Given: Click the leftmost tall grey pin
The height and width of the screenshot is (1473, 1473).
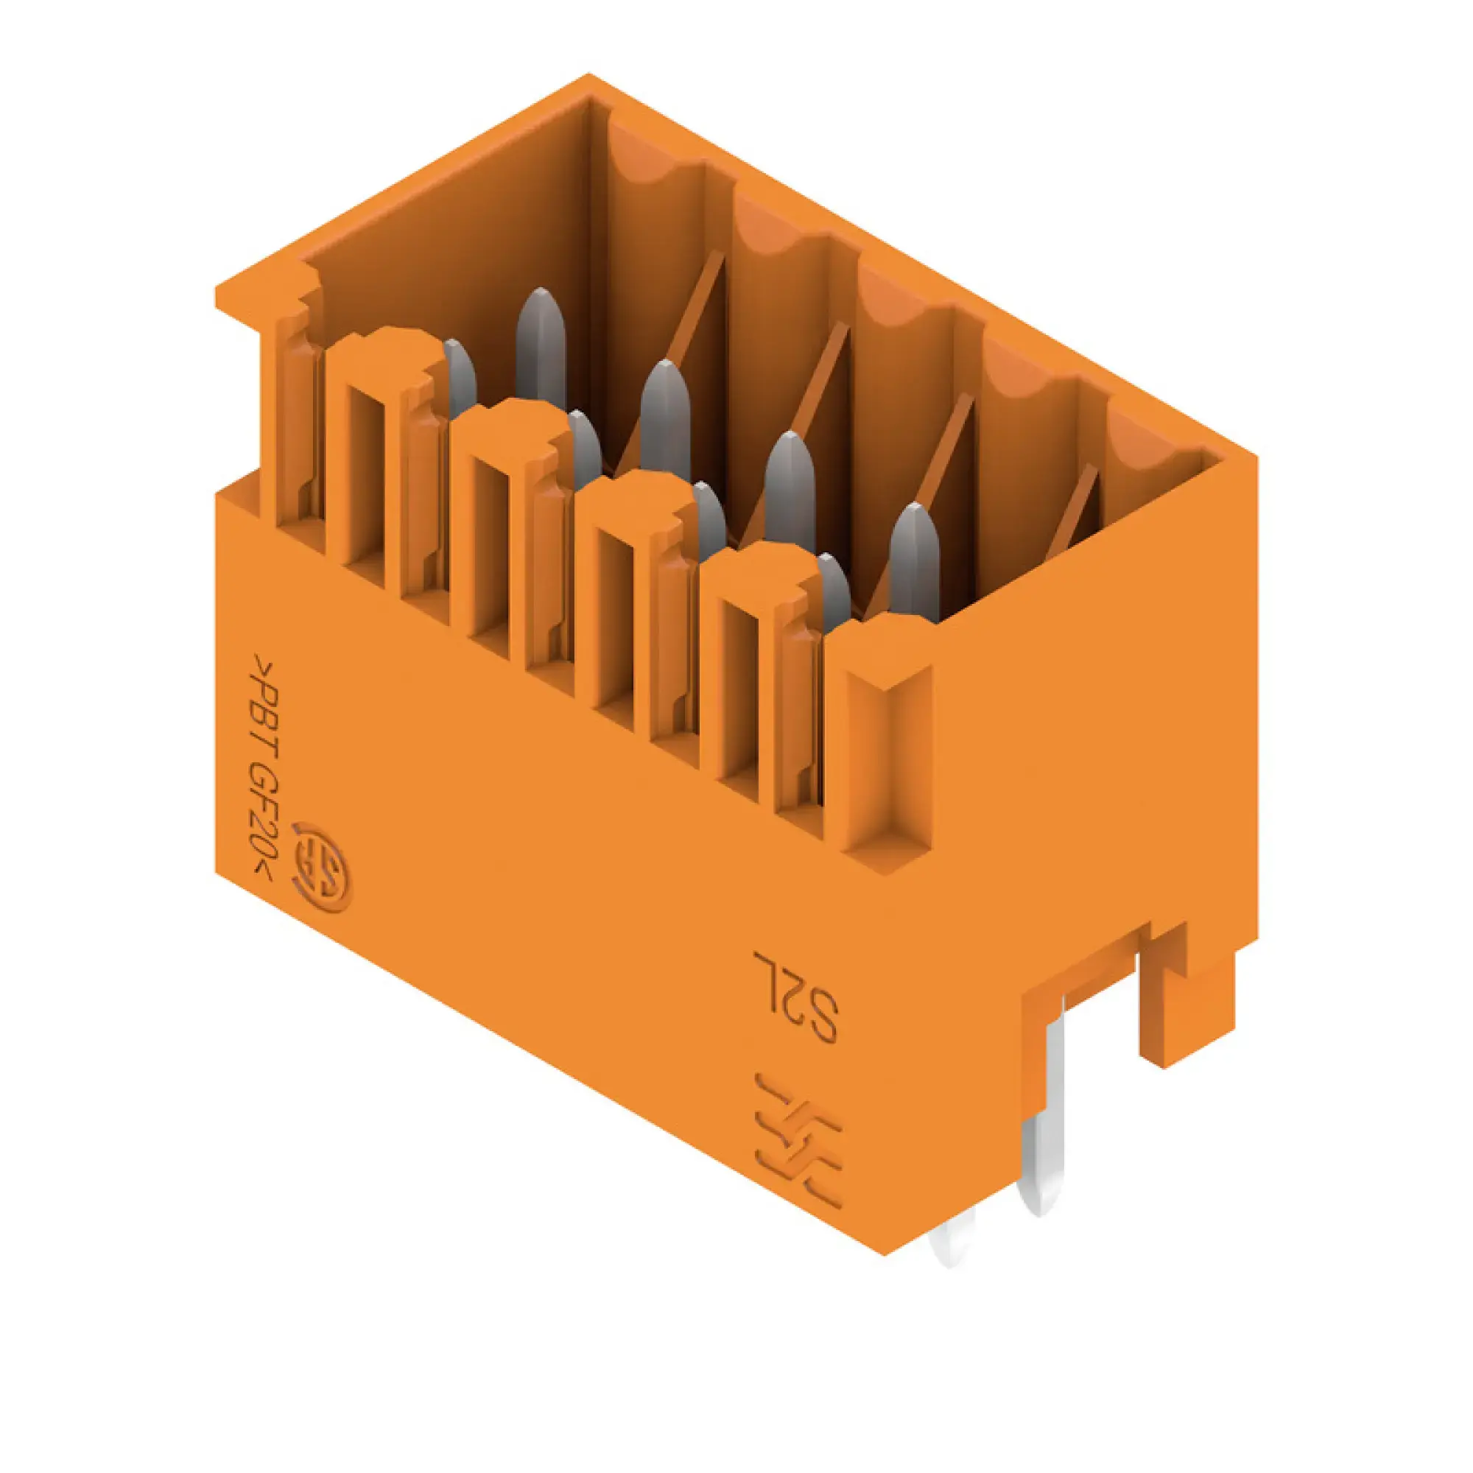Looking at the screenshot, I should [x=541, y=347].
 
